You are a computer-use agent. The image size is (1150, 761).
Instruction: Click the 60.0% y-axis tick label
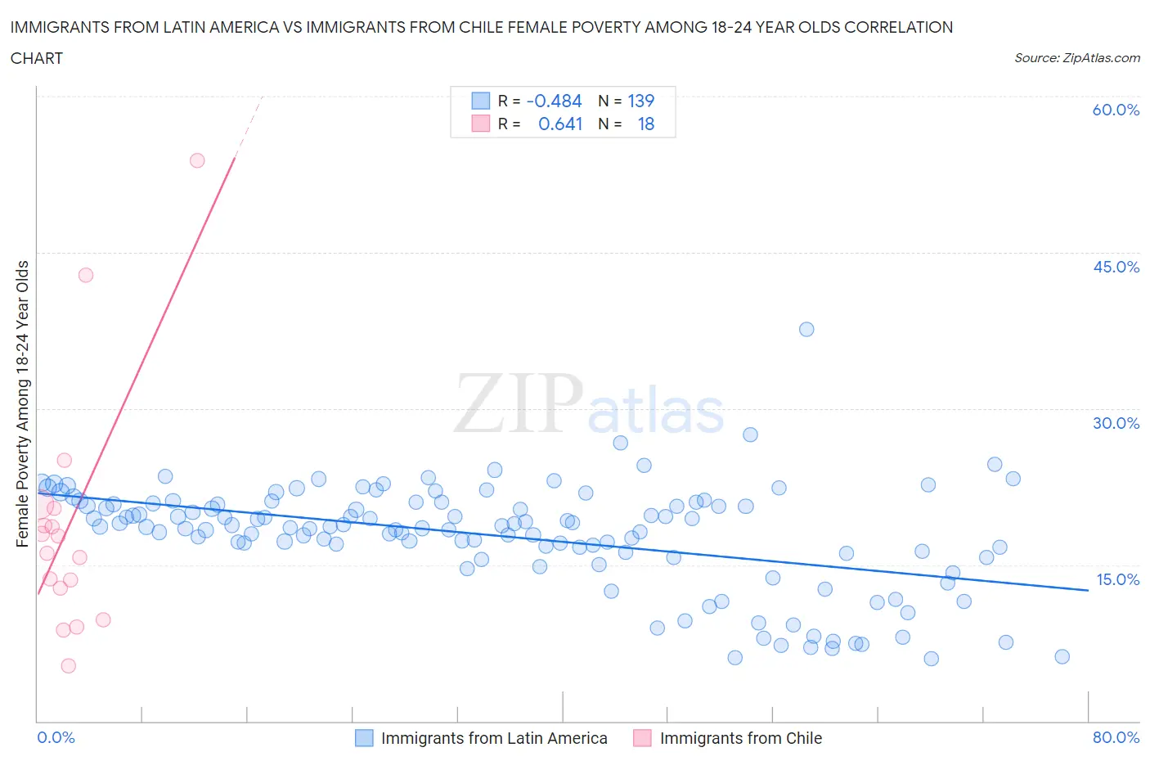coord(1116,110)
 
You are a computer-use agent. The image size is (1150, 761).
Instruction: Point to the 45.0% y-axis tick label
coord(1116,267)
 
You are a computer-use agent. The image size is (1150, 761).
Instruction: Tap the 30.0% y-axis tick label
coord(1116,423)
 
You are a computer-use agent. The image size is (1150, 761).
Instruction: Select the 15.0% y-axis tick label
coord(1117,579)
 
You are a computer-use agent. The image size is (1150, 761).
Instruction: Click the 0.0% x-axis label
coord(56,737)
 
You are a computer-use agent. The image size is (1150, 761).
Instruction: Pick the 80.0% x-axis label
coord(1116,737)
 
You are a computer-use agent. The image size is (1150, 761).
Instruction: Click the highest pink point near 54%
coord(197,160)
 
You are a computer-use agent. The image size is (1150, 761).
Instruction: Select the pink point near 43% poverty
coord(86,275)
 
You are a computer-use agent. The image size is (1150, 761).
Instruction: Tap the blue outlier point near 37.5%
coord(806,329)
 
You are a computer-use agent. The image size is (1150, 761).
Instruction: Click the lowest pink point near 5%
coord(69,666)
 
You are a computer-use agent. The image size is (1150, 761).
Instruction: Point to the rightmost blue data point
coord(1062,656)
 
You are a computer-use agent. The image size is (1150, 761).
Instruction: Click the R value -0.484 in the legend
coord(554,101)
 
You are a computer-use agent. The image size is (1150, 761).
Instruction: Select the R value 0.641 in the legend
coord(560,124)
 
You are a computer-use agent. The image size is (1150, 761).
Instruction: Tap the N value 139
coord(640,101)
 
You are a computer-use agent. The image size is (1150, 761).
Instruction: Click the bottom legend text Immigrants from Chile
coord(740,738)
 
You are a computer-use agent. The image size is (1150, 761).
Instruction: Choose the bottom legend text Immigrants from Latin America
coord(494,738)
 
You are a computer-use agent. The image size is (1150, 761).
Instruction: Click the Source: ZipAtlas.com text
coord(1076,57)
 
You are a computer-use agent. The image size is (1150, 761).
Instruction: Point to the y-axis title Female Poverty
coord(22,403)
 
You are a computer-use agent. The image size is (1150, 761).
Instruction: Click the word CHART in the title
coord(37,58)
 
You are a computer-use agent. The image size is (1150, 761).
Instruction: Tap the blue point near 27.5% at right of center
coord(750,435)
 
